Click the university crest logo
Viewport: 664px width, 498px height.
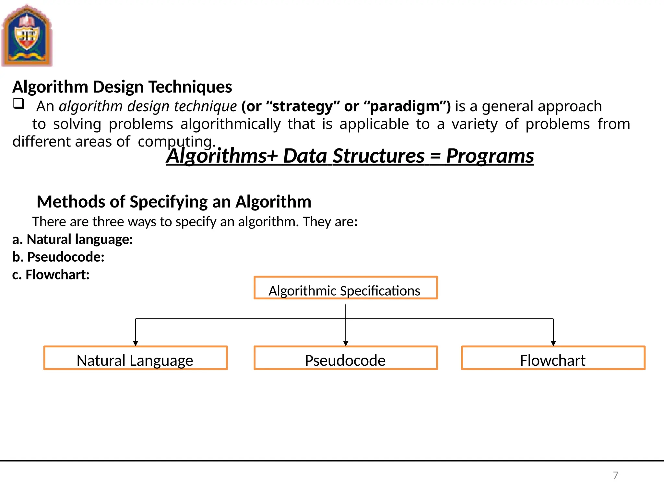point(27,36)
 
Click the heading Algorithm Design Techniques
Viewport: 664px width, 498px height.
point(122,87)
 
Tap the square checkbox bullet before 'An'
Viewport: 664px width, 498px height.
point(18,104)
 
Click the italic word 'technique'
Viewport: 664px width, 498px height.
point(205,106)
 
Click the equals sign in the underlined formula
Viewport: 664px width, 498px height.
point(435,157)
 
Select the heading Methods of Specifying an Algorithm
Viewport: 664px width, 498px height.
point(174,202)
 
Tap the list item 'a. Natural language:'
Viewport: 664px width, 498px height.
point(73,239)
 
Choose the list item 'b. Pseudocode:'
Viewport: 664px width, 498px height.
point(58,257)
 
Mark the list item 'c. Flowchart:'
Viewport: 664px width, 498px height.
point(51,275)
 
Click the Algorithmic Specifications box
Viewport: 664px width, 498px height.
point(346,288)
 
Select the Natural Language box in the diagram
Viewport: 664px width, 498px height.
point(136,358)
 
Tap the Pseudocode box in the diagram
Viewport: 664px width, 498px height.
point(346,358)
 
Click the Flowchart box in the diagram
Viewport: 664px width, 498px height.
point(553,358)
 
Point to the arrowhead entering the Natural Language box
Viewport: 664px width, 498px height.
point(136,343)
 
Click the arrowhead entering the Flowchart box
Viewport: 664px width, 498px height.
point(553,343)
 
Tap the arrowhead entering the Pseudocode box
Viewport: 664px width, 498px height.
point(346,343)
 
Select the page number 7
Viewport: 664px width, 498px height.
point(615,475)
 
